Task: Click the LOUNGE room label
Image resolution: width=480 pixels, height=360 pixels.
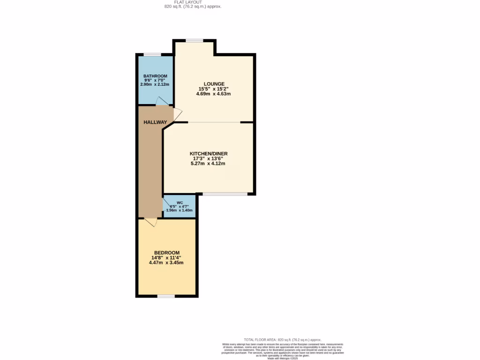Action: coord(214,84)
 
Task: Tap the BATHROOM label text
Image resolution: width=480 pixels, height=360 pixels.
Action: coord(155,76)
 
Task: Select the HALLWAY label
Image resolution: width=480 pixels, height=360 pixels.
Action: coord(155,122)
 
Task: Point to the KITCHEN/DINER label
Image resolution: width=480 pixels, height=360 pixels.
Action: coord(209,154)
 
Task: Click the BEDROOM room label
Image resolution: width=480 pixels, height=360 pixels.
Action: coord(167,253)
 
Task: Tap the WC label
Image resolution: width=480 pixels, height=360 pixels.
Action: coord(180,202)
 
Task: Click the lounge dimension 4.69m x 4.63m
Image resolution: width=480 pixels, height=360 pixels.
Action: coord(214,94)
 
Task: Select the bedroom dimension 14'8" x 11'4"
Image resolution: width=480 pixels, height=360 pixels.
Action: coord(166,258)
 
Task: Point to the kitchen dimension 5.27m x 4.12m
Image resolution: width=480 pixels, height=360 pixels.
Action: coord(208,164)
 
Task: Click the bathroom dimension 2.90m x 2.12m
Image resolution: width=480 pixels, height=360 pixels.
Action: coord(155,84)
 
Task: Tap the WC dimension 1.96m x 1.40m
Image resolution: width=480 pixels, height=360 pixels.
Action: coord(180,210)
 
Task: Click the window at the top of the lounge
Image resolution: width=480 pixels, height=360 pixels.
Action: coord(194,41)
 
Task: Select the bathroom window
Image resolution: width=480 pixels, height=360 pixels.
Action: coord(152,55)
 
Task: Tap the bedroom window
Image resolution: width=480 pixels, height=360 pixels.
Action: coord(166,296)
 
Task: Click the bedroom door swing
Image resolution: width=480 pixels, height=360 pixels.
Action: coord(151,222)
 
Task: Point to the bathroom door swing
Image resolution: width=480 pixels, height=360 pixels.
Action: coord(161,101)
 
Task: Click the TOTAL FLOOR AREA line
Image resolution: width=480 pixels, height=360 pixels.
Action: coord(283,339)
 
